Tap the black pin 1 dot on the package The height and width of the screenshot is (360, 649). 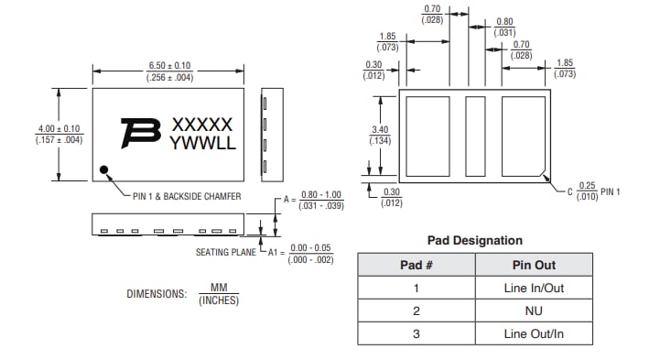pyautogui.click(x=104, y=169)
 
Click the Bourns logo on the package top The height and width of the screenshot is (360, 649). pyautogui.click(x=140, y=134)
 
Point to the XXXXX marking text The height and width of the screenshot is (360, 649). pyautogui.click(x=202, y=125)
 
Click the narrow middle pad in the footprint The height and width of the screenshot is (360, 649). pyautogui.click(x=475, y=136)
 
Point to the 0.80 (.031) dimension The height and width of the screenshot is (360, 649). pyautogui.click(x=504, y=27)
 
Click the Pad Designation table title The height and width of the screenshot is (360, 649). pyautogui.click(x=475, y=240)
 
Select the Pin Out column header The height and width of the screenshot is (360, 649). pyautogui.click(x=533, y=265)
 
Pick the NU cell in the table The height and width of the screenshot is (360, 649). pyautogui.click(x=533, y=311)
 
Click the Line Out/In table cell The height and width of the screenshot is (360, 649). pyautogui.click(x=533, y=333)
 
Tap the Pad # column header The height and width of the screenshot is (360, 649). pyautogui.click(x=416, y=265)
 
